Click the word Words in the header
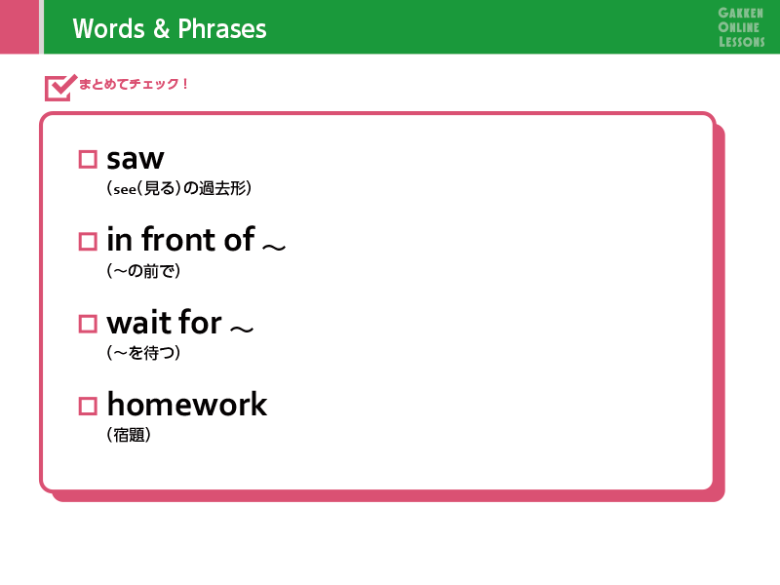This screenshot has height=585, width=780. (108, 29)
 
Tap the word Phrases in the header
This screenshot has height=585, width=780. (222, 29)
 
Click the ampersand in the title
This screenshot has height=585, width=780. (161, 29)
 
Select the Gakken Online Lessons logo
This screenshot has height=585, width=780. (741, 27)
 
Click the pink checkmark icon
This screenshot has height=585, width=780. (60, 88)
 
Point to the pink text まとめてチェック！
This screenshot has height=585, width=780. (134, 84)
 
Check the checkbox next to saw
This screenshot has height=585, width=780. (88, 160)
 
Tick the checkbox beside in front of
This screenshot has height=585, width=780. (88, 242)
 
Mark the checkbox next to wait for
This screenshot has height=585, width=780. (88, 324)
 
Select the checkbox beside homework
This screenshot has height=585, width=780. (88, 406)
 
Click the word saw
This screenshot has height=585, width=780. (136, 160)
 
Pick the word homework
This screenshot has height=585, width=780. (187, 404)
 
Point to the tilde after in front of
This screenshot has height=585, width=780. (274, 247)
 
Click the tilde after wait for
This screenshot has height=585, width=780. (242, 329)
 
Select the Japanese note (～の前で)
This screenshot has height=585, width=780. (143, 271)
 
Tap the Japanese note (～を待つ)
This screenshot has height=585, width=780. (143, 353)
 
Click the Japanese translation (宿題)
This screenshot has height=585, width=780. (129, 435)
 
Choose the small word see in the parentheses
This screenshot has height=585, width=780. (125, 189)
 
